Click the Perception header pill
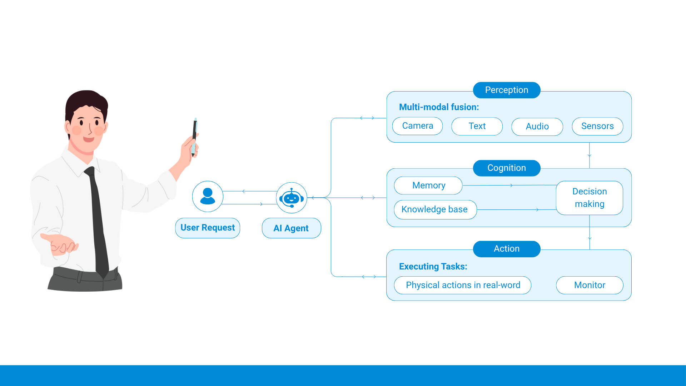507,90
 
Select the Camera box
417,126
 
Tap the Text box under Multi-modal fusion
477,126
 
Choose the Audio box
537,127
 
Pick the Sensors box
597,126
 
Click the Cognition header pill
507,168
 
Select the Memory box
428,185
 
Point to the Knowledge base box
435,209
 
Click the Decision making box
590,198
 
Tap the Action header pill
507,249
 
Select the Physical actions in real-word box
463,285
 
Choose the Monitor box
590,285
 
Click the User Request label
208,228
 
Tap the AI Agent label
292,228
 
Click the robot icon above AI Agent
292,198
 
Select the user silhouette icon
208,196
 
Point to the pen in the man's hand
195,137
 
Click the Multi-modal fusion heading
439,107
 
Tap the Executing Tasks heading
433,267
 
